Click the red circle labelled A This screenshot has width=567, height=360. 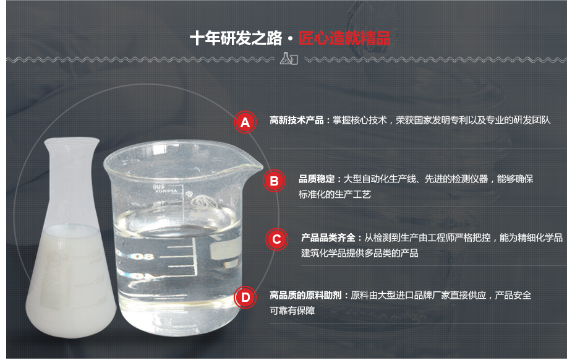(245, 122)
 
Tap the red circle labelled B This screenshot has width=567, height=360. (274, 181)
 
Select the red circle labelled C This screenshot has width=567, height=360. (276, 239)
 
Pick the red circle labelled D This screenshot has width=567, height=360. (245, 298)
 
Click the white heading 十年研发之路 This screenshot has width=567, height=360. (235, 38)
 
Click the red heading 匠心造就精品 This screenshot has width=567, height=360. (344, 38)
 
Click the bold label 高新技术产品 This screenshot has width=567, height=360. (296, 121)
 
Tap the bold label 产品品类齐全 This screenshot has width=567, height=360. (328, 238)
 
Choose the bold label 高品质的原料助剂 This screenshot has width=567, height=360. (306, 296)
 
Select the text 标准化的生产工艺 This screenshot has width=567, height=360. (335, 194)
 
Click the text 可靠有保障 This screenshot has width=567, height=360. (292, 311)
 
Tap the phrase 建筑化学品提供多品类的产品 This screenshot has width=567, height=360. (360, 253)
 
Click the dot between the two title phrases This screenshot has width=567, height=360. (290, 39)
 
